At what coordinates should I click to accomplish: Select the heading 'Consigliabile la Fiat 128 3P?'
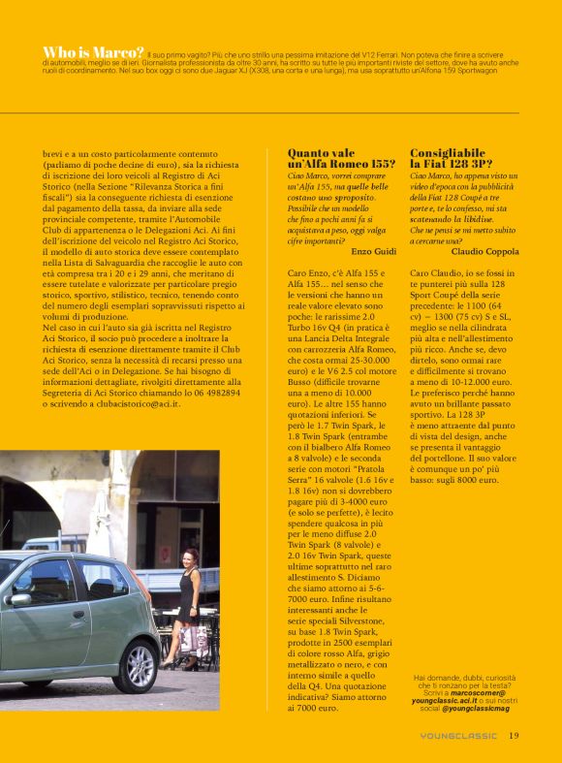(x=452, y=158)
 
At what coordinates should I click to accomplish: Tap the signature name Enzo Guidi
(x=373, y=251)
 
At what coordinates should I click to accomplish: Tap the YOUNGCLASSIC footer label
(x=460, y=736)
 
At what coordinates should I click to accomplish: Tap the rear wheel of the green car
(x=140, y=665)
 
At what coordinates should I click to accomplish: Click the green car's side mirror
(x=19, y=600)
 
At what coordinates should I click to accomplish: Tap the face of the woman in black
(x=189, y=556)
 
